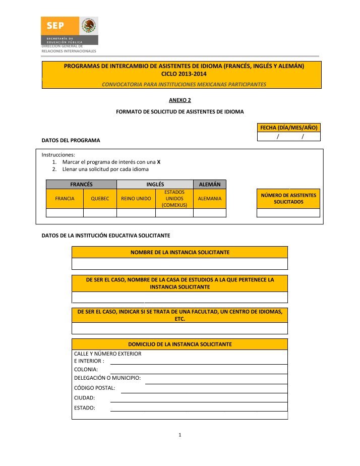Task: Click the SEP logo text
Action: (x=55, y=25)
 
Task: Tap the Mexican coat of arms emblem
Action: (x=89, y=26)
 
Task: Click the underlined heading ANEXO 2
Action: (x=179, y=100)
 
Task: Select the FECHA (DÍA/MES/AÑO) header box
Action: (x=289, y=128)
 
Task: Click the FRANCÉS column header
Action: (x=81, y=185)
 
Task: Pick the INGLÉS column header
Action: (x=155, y=185)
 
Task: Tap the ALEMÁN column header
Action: (x=210, y=185)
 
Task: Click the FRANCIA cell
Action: (x=65, y=199)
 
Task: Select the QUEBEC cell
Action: (x=100, y=199)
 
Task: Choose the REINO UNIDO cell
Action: (x=136, y=199)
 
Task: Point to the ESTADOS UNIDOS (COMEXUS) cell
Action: (x=174, y=199)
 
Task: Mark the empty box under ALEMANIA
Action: (x=210, y=213)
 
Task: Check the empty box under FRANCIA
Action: (x=65, y=213)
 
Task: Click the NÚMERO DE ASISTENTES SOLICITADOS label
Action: (x=288, y=198)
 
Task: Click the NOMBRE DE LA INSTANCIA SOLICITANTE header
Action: (x=180, y=252)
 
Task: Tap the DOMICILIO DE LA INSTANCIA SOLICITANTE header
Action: (x=180, y=344)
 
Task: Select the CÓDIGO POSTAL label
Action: (x=95, y=388)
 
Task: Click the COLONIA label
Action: (x=86, y=369)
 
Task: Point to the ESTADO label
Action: (x=85, y=407)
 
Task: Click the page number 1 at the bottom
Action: (x=180, y=434)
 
